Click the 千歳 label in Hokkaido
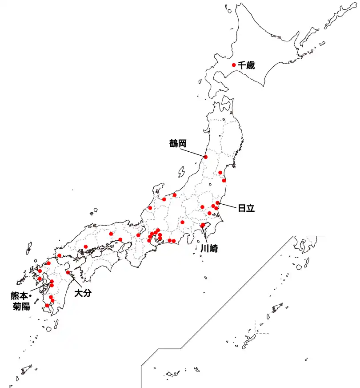[x=246, y=65]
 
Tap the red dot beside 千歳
[x=234, y=65]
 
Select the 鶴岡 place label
[x=177, y=143]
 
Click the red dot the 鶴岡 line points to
[x=206, y=157]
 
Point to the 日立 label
[x=246, y=208]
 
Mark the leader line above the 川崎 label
[x=205, y=234]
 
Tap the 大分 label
[x=83, y=293]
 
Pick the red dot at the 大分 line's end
[x=68, y=272]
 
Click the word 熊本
[x=19, y=295]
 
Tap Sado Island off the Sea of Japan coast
[x=181, y=172]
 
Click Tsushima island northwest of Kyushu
[x=29, y=248]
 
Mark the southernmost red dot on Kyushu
[x=47, y=305]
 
